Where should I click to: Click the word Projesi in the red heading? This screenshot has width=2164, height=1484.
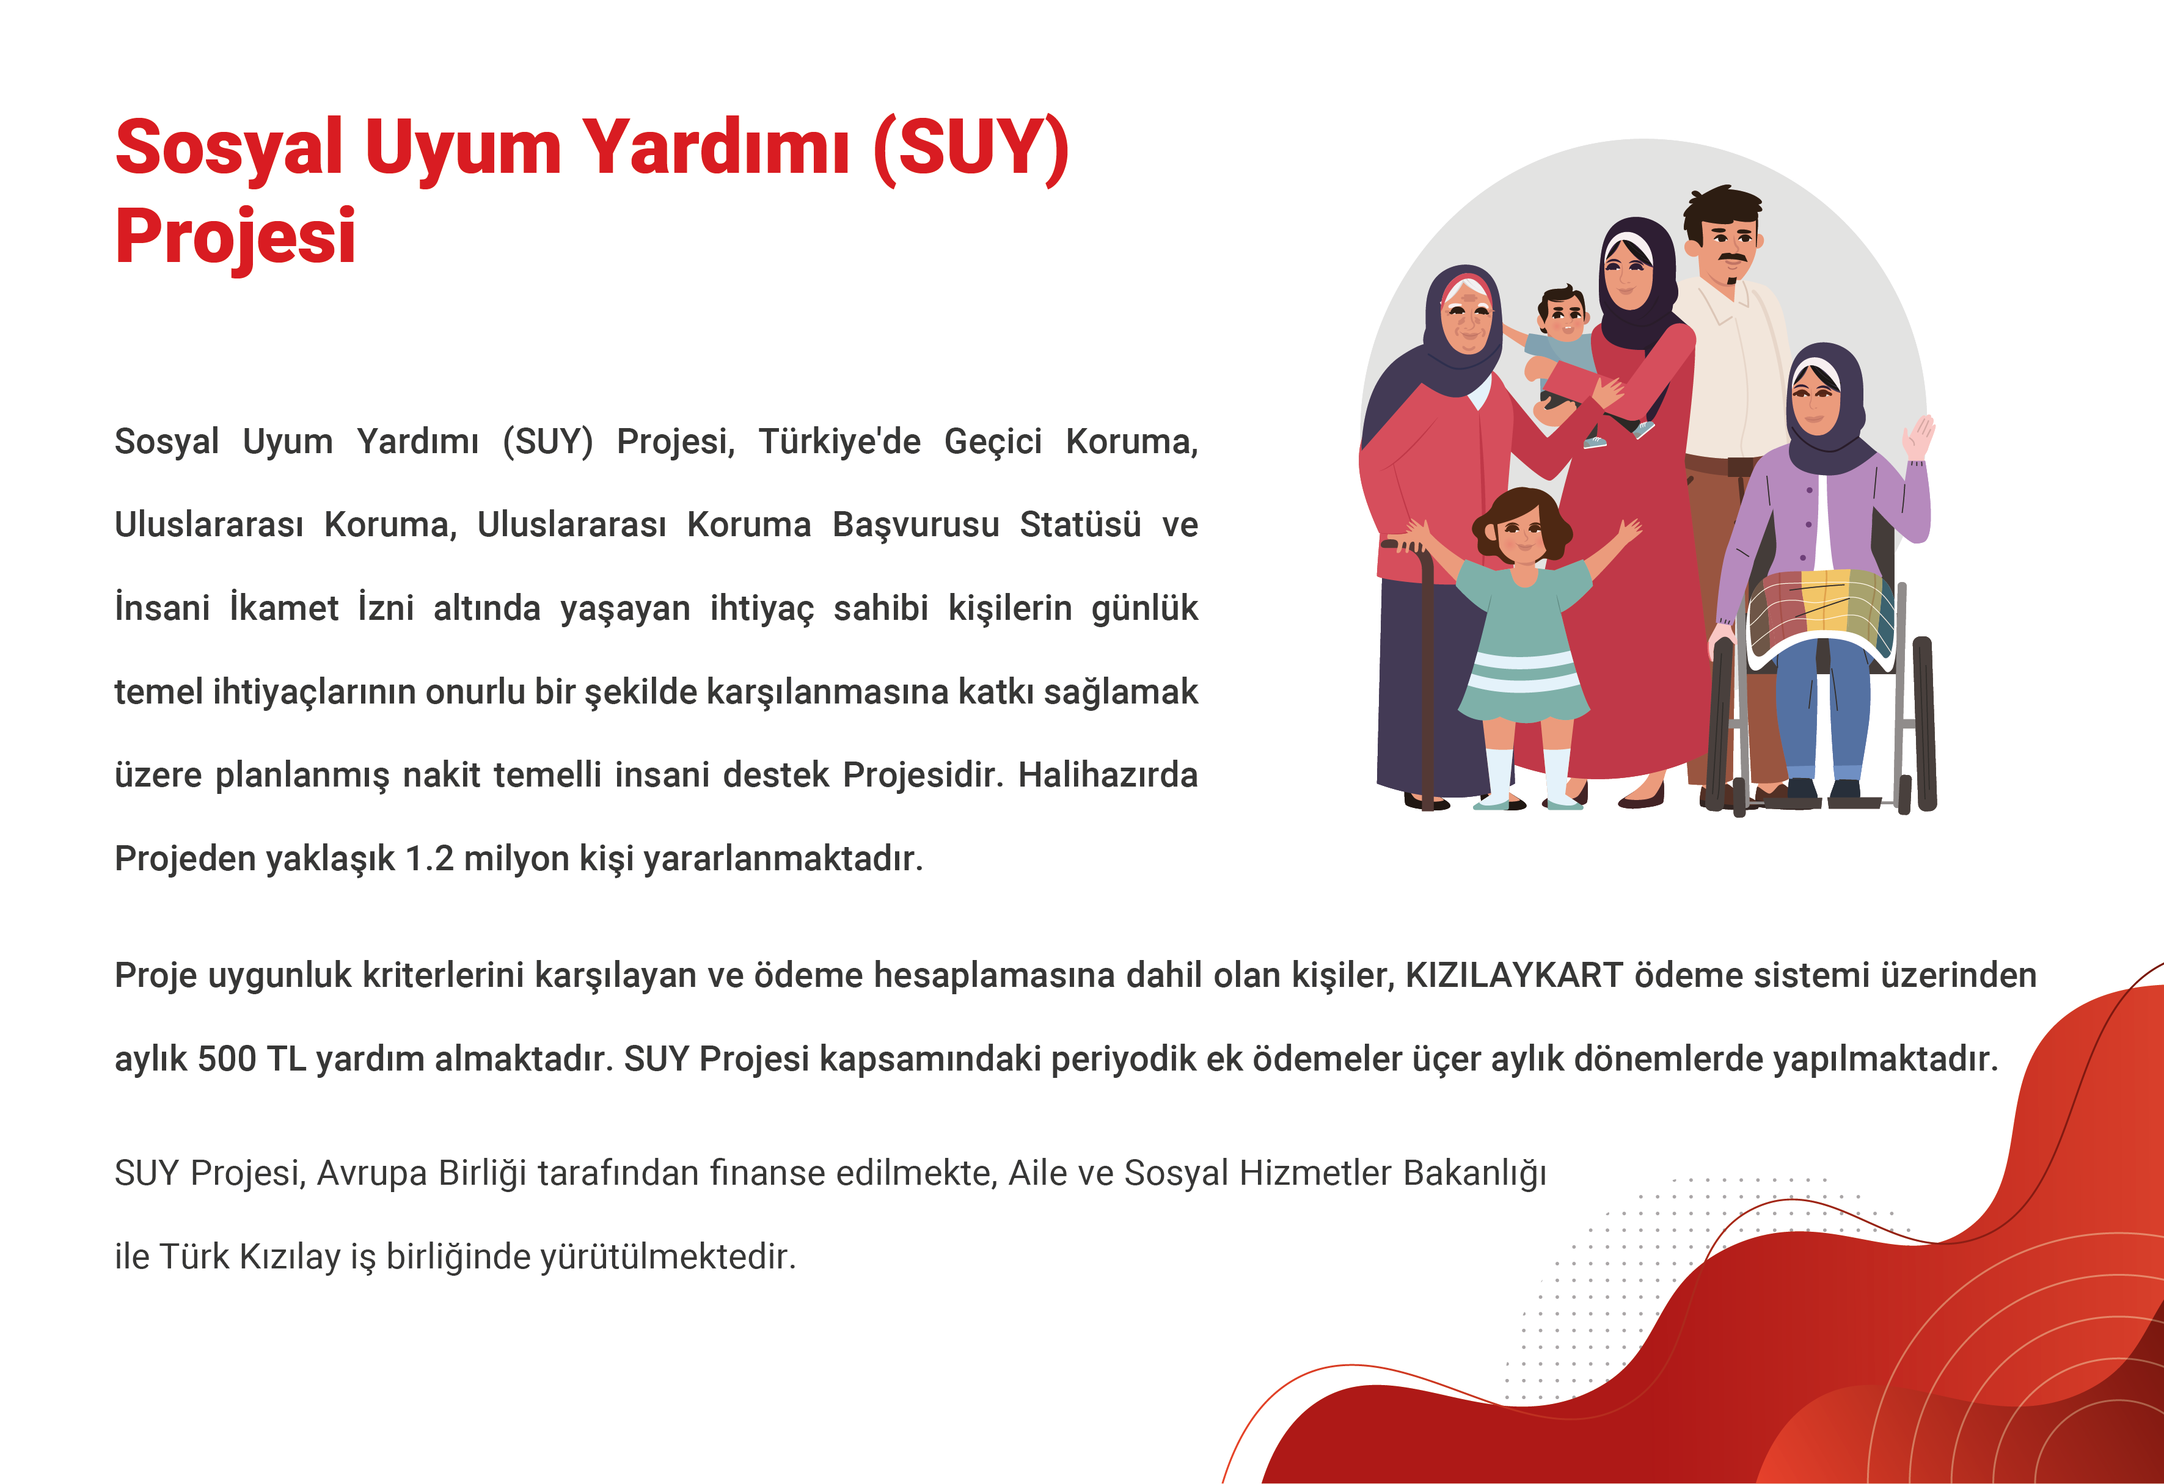point(236,236)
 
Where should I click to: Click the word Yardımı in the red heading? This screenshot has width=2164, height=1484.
point(715,147)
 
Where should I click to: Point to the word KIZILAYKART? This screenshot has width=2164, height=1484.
point(1514,975)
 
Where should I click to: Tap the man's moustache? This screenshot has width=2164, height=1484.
point(1733,257)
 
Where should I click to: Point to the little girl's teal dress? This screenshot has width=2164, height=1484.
point(1523,642)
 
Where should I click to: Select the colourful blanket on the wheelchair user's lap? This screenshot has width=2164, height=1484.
point(1821,614)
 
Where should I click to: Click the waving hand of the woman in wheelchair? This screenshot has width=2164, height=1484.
point(1919,437)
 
